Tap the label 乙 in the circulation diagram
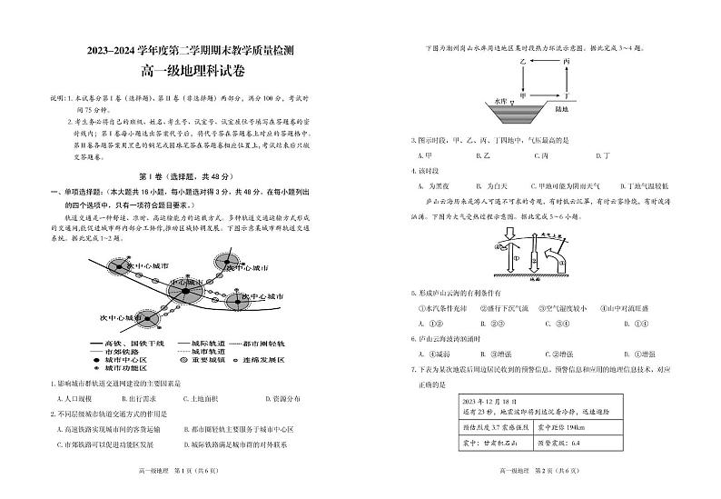(x=523, y=61)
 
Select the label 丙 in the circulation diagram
(x=565, y=61)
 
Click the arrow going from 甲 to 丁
(x=544, y=95)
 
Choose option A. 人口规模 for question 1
(x=71, y=399)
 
